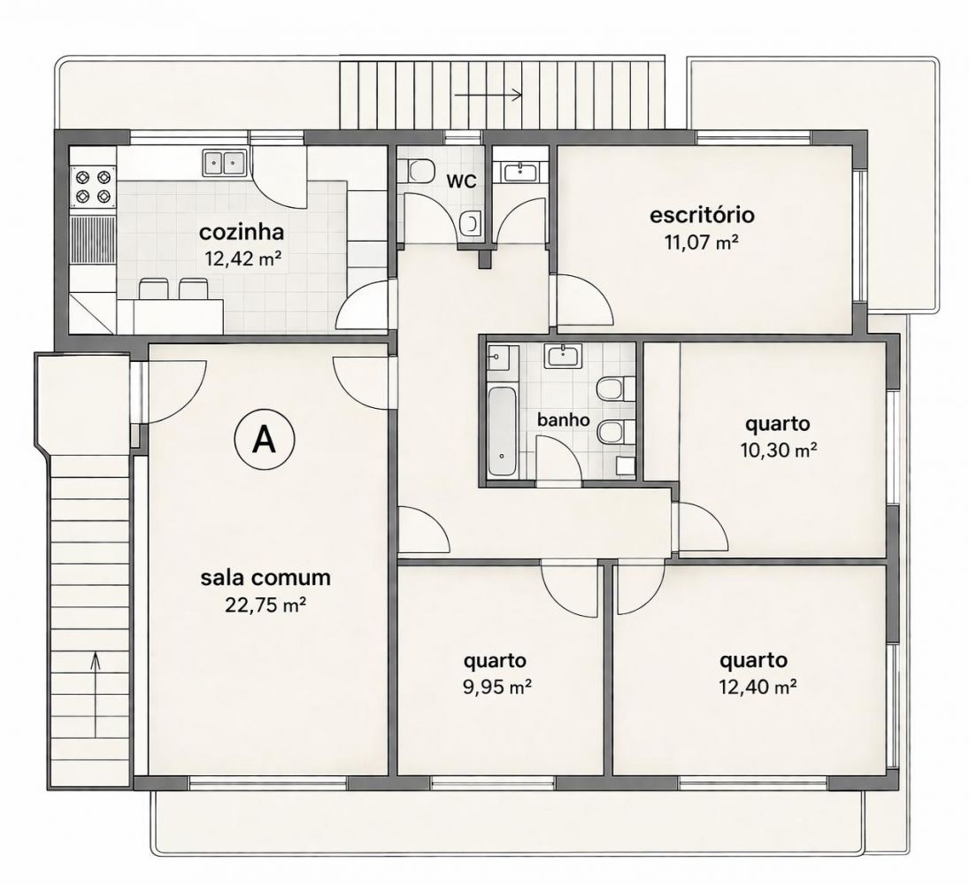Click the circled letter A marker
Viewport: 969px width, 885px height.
[x=265, y=439]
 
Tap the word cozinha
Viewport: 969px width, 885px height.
[x=242, y=233]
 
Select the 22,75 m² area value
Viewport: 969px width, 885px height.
[x=265, y=604]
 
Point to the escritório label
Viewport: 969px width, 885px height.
[x=702, y=215]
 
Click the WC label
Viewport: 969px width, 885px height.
[x=462, y=181]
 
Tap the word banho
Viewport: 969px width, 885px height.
[x=564, y=419]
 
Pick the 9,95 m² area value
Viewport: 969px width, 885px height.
[x=498, y=687]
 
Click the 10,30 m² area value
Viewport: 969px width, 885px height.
[x=779, y=450]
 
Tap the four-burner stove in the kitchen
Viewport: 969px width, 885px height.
[x=93, y=188]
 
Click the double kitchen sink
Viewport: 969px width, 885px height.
[x=224, y=163]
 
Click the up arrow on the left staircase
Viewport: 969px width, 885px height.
[x=96, y=696]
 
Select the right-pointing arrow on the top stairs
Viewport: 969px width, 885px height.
[x=488, y=95]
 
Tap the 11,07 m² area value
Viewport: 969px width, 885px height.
[x=702, y=242]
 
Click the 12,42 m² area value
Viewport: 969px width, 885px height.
[x=242, y=258]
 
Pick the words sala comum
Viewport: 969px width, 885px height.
[x=265, y=578]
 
